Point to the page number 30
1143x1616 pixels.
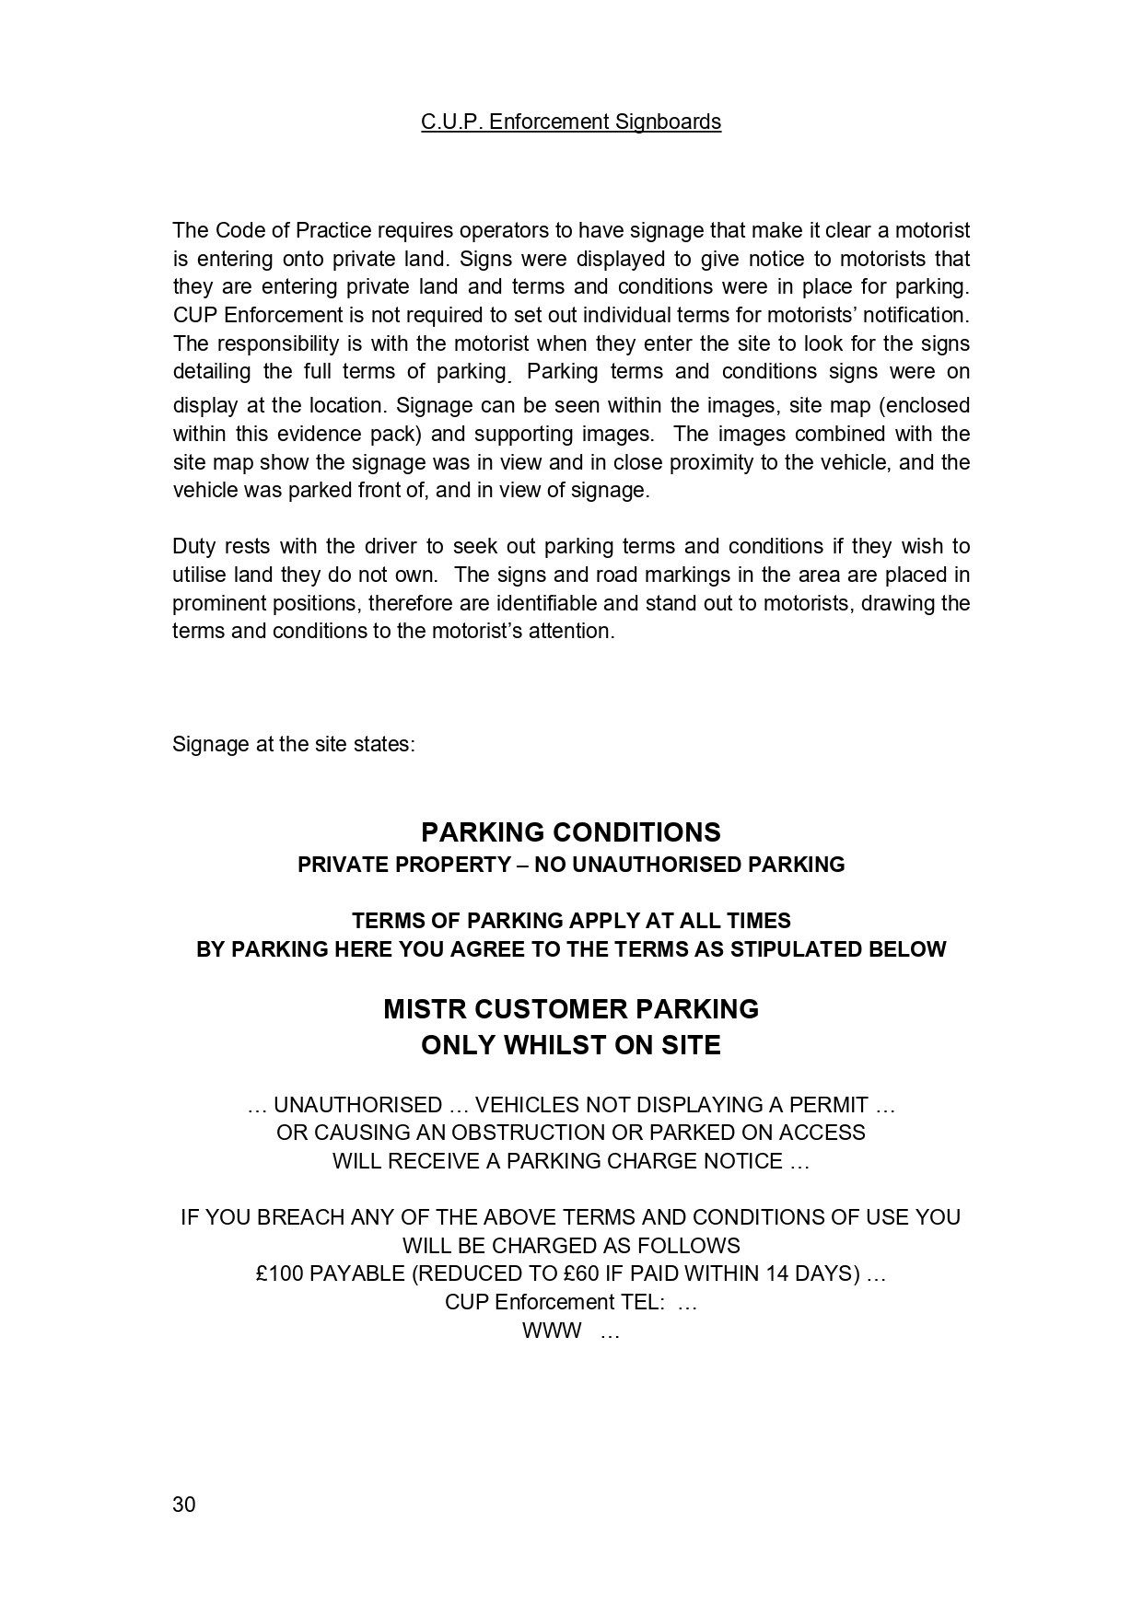click(x=184, y=1505)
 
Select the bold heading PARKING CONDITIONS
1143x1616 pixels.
click(x=571, y=832)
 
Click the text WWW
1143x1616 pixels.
click(x=552, y=1331)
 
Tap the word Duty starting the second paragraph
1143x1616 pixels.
click(x=193, y=547)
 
